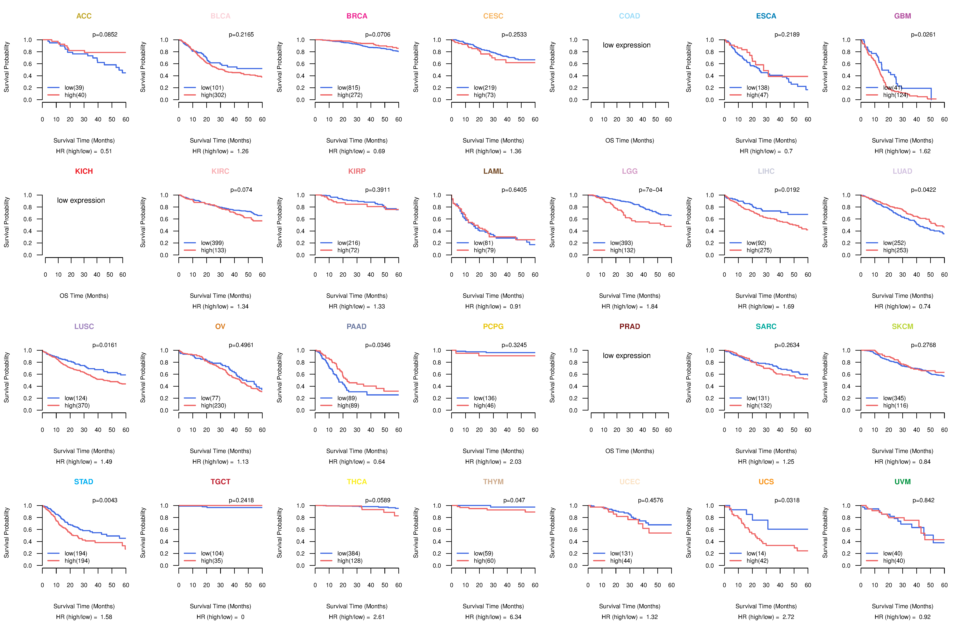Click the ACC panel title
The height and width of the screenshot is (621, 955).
[84, 16]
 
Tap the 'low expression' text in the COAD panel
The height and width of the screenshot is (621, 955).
[626, 45]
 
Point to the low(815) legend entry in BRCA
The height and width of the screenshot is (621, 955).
[349, 88]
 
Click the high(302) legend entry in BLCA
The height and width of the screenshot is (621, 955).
[213, 95]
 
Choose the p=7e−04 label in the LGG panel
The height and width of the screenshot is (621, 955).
[651, 190]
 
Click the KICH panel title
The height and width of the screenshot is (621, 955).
[84, 171]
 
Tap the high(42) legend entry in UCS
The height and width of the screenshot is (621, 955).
[758, 561]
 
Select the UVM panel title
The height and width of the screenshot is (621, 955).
[902, 482]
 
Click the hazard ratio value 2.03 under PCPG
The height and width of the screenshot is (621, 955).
[516, 462]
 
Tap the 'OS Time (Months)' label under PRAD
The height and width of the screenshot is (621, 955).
[630, 451]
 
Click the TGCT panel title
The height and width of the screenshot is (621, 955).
[220, 482]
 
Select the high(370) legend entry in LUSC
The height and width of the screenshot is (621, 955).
[77, 405]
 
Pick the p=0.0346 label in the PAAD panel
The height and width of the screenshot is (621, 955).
[378, 345]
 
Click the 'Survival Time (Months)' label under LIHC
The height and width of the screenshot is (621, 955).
[766, 296]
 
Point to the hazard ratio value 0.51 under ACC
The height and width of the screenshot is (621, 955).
[106, 151]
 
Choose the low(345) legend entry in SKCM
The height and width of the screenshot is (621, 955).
[894, 398]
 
